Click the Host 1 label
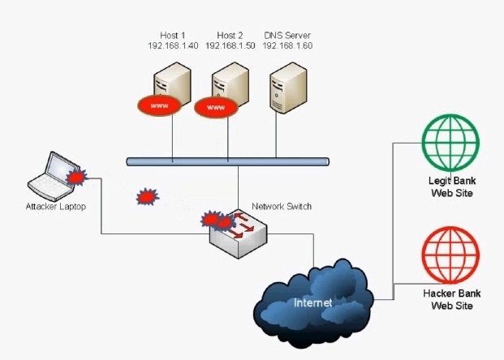(x=173, y=35)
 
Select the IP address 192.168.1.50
(x=230, y=45)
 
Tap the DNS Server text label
(x=287, y=35)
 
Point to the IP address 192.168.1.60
(x=287, y=45)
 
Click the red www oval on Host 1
(x=159, y=105)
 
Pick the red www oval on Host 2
(x=216, y=108)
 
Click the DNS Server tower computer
(x=288, y=88)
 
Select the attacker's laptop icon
(x=54, y=177)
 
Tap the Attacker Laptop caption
(x=56, y=206)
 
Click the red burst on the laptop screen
(x=76, y=177)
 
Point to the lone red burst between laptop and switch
(x=147, y=196)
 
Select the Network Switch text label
(x=282, y=206)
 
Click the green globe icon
(x=450, y=144)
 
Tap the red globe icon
(x=450, y=255)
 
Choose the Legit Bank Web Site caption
(x=452, y=186)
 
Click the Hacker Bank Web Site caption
(x=452, y=299)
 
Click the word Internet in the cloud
(x=312, y=302)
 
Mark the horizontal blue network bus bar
(x=227, y=161)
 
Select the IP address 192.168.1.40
(x=173, y=45)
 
